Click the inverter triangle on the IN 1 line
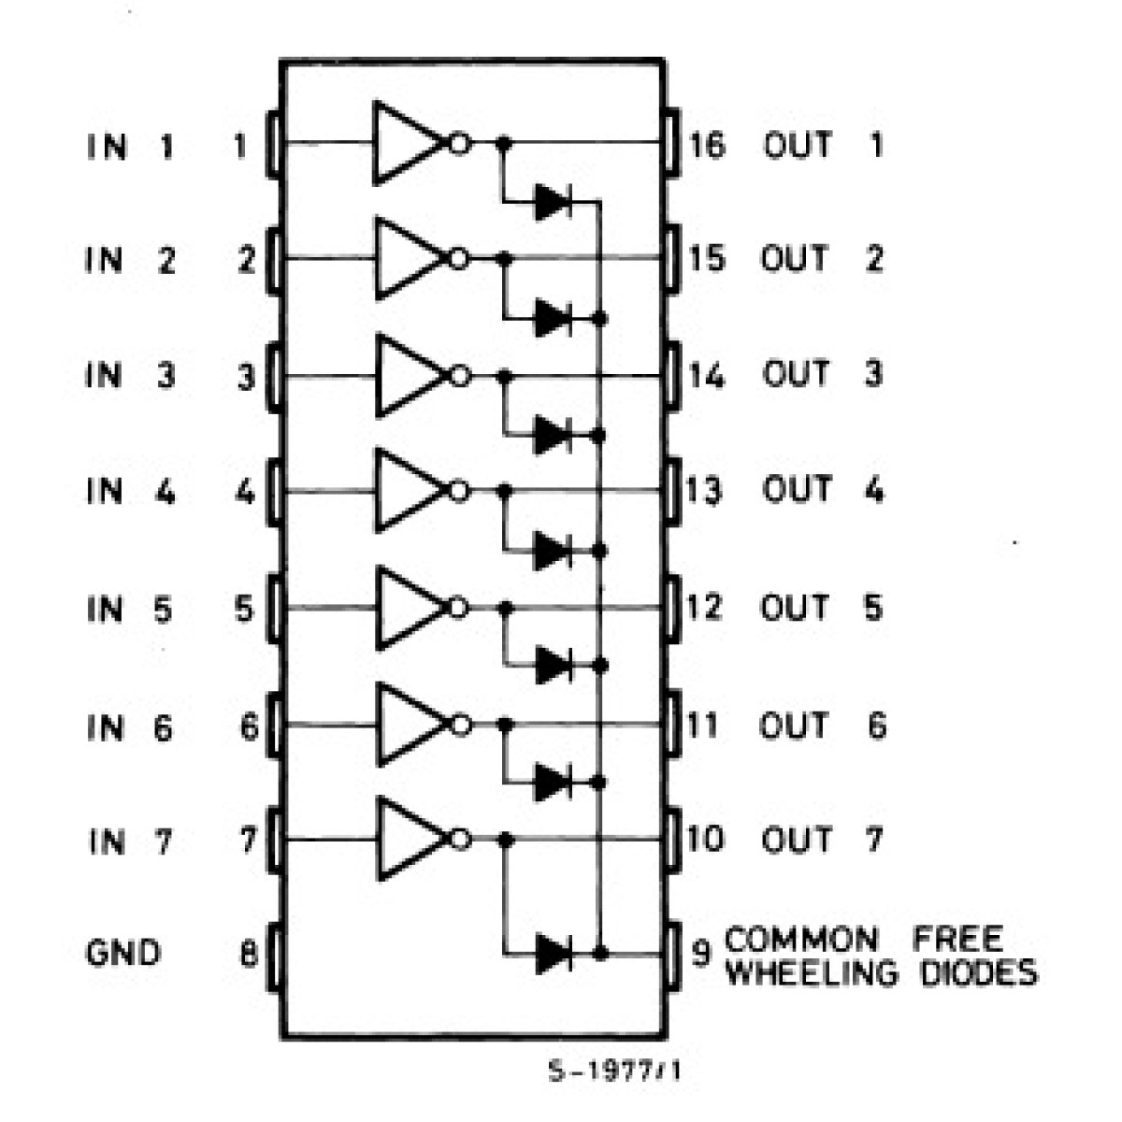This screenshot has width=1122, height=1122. click(407, 142)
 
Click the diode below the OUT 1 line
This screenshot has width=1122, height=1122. click(553, 201)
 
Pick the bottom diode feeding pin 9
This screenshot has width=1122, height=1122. click(554, 954)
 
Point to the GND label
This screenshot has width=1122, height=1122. click(122, 954)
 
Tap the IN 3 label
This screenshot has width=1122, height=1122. click(131, 376)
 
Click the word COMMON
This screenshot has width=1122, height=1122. click(801, 939)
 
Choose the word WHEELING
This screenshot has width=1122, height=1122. click(811, 973)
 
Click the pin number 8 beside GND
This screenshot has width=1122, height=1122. click(248, 954)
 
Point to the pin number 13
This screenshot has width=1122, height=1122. click(704, 490)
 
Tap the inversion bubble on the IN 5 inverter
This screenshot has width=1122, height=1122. click(458, 608)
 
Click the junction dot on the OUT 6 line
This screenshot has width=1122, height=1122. click(506, 725)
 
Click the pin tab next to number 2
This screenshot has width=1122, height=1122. click(274, 257)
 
